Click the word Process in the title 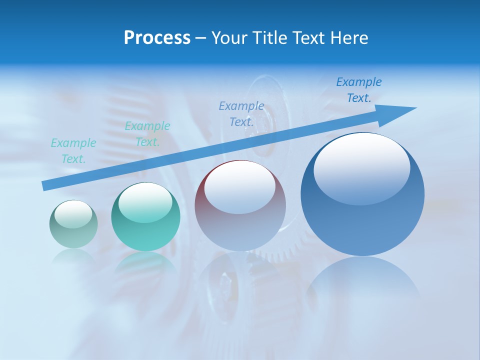(157, 37)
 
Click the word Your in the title (229, 37)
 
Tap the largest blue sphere (362, 220)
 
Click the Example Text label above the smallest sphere (73, 151)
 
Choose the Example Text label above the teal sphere (147, 134)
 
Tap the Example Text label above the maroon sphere (241, 113)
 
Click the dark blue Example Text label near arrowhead (359, 90)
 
